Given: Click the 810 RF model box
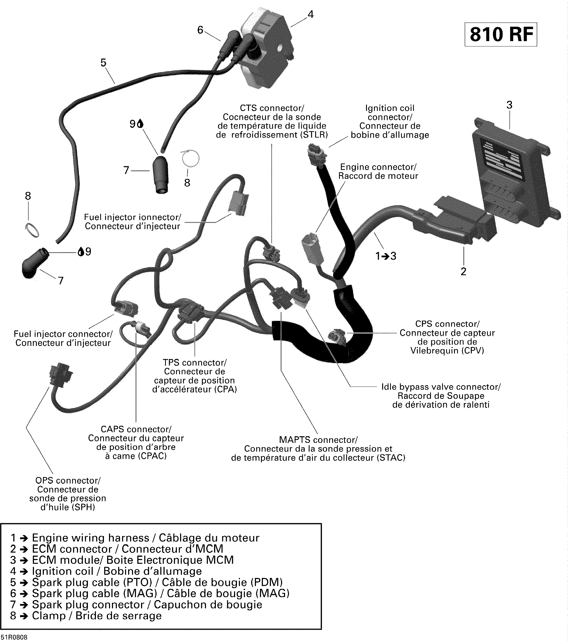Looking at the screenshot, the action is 501,34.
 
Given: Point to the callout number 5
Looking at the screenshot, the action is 103,63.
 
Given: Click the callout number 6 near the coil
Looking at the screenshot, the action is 200,30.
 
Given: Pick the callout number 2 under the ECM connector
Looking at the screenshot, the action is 463,271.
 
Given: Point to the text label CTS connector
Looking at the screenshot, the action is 272,108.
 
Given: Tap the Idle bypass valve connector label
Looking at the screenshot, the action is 441,387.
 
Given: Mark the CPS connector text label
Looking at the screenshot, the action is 447,324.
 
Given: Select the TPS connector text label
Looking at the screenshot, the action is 194,363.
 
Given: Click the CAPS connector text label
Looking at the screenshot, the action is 136,429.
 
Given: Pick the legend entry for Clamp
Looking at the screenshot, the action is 86,616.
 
